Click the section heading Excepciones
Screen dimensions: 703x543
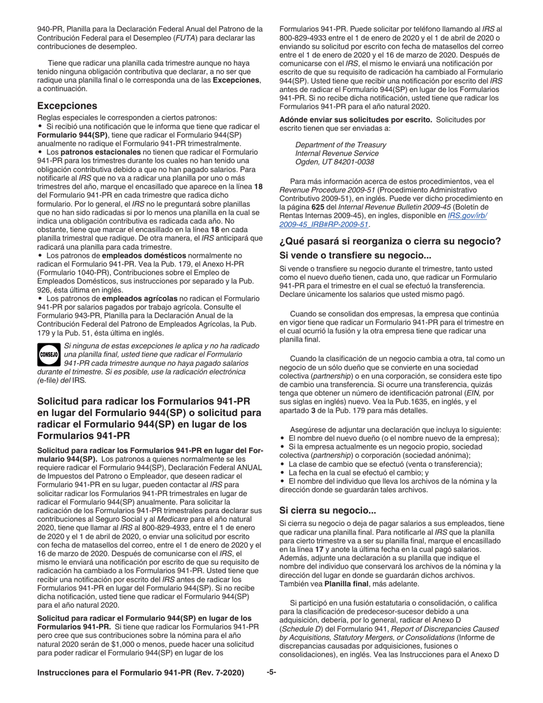point(67,106)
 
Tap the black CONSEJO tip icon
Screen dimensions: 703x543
point(49,354)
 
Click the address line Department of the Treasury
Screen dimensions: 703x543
point(340,145)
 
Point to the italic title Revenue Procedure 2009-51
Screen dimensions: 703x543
point(324,190)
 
